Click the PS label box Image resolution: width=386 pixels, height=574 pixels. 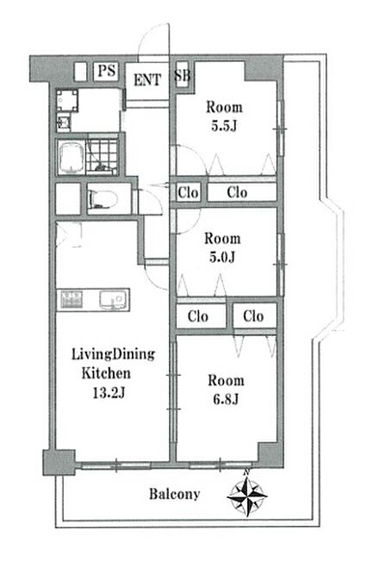pyautogui.click(x=107, y=71)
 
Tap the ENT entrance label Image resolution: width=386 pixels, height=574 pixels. pyautogui.click(x=146, y=80)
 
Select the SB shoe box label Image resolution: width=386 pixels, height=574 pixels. pyautogui.click(x=182, y=75)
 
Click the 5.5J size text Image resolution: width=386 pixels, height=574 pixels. pyautogui.click(x=224, y=127)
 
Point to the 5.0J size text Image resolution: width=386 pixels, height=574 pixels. pyautogui.click(x=222, y=258)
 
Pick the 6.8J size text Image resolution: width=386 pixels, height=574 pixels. pyautogui.click(x=226, y=399)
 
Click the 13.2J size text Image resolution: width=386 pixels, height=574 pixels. pyautogui.click(x=109, y=393)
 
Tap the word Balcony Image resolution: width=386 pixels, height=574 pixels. pyautogui.click(x=174, y=494)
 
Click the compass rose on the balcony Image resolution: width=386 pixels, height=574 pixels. pyautogui.click(x=247, y=494)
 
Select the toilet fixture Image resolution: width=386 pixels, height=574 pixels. pyautogui.click(x=103, y=199)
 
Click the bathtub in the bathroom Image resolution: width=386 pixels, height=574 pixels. pyautogui.click(x=72, y=157)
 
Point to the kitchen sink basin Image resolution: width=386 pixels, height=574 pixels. pyautogui.click(x=114, y=300)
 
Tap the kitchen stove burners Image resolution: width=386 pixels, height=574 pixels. pyautogui.click(x=72, y=299)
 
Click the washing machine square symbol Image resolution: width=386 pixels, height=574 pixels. pyautogui.click(x=67, y=100)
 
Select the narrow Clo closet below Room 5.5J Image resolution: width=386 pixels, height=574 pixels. pyautogui.click(x=188, y=192)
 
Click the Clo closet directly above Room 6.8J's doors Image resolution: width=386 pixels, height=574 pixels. pyautogui.click(x=254, y=315)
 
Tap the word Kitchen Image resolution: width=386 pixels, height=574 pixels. pyautogui.click(x=106, y=373)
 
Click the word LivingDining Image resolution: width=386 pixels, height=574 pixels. pyautogui.click(x=113, y=354)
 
